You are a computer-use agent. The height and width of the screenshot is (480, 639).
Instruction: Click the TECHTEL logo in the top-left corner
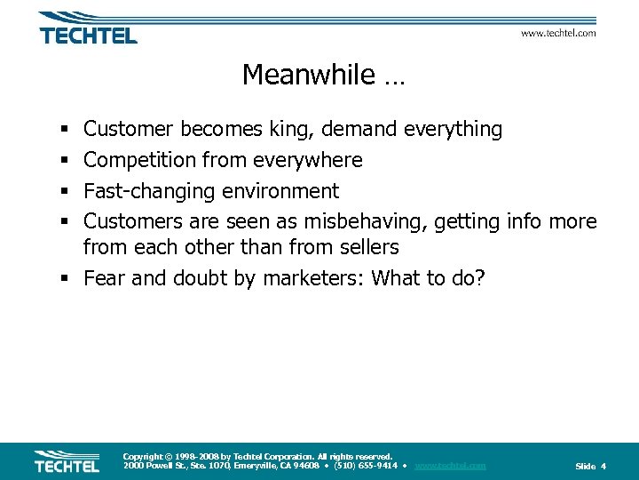(88, 28)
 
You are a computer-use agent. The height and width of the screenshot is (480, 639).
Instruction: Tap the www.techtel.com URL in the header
(557, 33)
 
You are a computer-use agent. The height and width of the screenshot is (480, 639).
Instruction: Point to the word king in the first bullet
(290, 130)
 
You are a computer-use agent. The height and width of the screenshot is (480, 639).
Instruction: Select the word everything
(453, 130)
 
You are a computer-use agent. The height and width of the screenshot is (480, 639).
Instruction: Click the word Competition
(142, 161)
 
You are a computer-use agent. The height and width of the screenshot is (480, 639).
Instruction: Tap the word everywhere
(307, 161)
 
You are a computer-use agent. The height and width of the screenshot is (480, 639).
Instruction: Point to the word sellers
(367, 247)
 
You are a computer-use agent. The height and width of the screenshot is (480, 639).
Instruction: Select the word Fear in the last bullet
(103, 278)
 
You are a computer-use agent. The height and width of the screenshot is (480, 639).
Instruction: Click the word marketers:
(319, 278)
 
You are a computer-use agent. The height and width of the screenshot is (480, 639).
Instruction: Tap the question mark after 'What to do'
(480, 278)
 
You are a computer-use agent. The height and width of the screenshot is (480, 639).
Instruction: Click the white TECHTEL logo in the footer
(67, 462)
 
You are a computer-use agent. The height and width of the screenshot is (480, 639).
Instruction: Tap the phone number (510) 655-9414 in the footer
(365, 466)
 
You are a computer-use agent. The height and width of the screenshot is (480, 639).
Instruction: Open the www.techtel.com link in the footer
(450, 466)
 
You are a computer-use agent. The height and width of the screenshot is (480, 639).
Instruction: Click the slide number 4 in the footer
(603, 467)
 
